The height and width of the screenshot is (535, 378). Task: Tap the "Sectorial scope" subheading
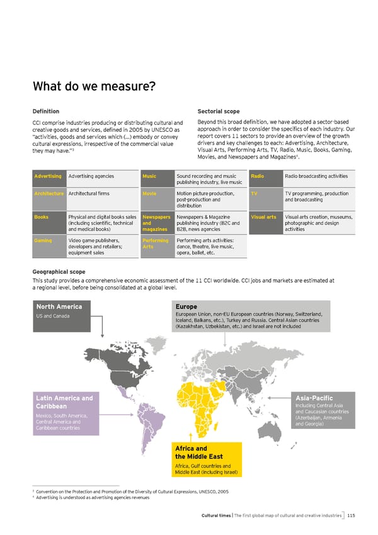coord(218,111)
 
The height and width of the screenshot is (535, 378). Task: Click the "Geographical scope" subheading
coord(58,272)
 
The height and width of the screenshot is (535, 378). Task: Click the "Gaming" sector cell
coord(43,240)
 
